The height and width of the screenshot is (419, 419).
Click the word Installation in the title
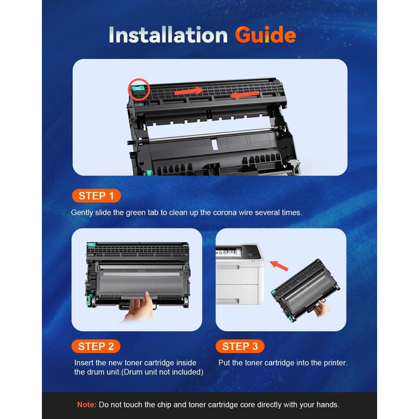point(168,35)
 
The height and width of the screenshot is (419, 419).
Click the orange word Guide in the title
point(265,35)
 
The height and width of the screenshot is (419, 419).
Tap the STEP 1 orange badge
point(96,196)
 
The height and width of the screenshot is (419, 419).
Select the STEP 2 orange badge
point(96,346)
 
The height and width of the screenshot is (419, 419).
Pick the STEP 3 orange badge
point(240,346)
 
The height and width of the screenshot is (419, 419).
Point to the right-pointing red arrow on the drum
point(189,92)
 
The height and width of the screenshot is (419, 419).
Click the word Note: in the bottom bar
point(86,405)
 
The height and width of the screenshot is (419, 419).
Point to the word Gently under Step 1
point(83,213)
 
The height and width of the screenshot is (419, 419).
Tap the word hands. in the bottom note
point(327,405)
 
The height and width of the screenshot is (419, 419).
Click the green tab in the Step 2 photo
point(92,245)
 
